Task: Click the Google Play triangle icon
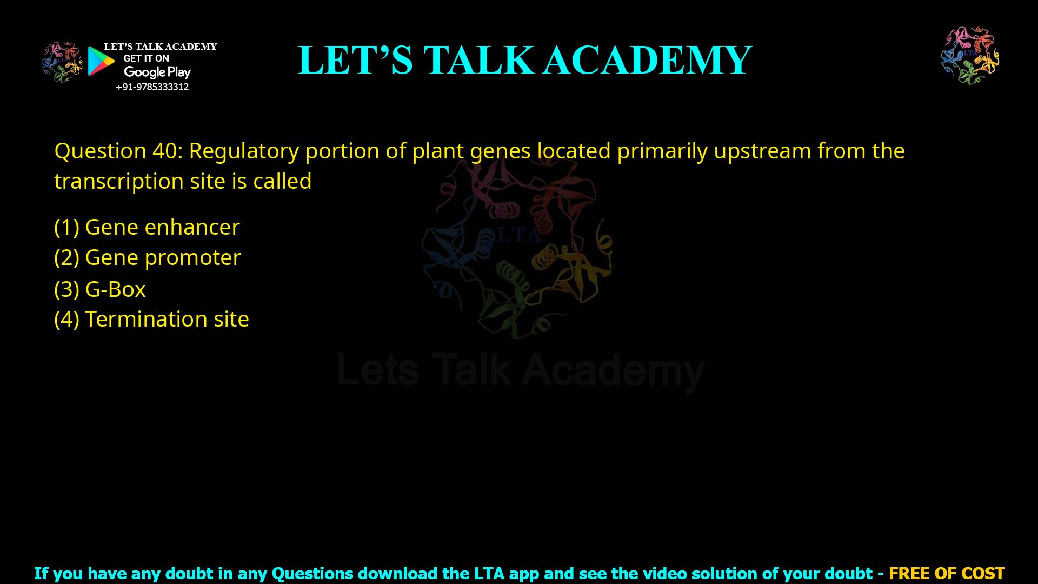(x=101, y=61)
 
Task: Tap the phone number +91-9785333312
(x=152, y=87)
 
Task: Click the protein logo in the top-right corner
(x=970, y=56)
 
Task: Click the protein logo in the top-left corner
(x=62, y=62)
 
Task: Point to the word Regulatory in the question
(x=243, y=151)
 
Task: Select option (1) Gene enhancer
(x=147, y=227)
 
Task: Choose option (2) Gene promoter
(x=147, y=258)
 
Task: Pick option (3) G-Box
(x=100, y=290)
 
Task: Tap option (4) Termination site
(x=151, y=319)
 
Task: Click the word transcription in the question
(x=118, y=182)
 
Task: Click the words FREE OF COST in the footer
(x=946, y=573)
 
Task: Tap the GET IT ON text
(x=146, y=58)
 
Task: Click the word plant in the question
(x=438, y=151)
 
